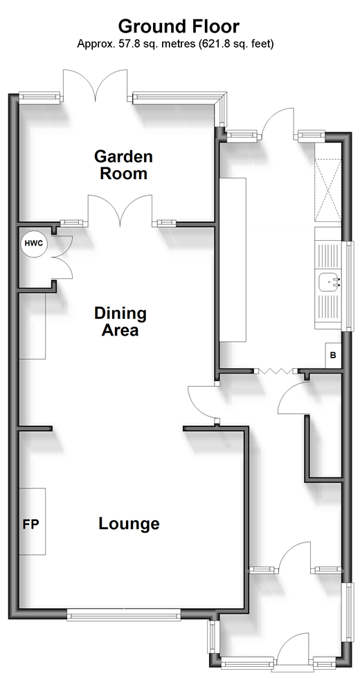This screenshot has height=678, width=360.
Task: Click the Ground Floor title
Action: tap(179, 26)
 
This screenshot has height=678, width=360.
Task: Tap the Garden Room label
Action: tap(124, 165)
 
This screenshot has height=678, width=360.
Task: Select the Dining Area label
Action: tap(120, 321)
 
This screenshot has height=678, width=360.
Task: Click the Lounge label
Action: tap(129, 524)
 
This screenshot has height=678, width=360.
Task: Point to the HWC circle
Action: tap(34, 243)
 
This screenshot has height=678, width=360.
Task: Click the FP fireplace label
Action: tap(30, 524)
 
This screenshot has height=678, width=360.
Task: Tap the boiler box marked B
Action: tap(333, 355)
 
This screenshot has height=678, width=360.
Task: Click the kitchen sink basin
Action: tap(329, 282)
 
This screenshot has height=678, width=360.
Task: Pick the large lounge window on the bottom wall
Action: tap(124, 614)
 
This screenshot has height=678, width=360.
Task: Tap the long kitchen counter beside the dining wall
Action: tap(233, 259)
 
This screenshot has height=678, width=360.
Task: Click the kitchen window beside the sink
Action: tap(348, 286)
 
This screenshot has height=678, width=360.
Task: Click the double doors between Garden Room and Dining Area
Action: tap(120, 210)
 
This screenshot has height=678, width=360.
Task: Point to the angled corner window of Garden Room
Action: tap(222, 110)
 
